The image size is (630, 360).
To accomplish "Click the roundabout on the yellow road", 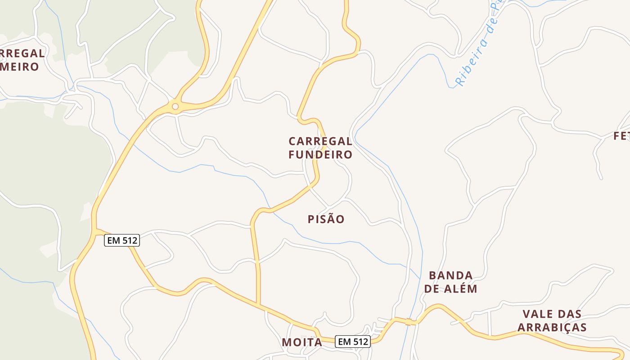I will coord(175,107).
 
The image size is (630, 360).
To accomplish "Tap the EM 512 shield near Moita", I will coord(353,342).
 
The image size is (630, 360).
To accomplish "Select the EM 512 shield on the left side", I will coord(122,240).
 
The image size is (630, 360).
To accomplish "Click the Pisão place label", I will coord(326,220).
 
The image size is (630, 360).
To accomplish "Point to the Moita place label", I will coord(302,342).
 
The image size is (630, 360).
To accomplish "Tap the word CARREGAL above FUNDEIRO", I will coord(320,141).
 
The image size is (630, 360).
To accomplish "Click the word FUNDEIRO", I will coord(320,155).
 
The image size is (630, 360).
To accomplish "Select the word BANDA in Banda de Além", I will coord(450,275).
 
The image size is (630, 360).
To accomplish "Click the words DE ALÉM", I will coord(450,289).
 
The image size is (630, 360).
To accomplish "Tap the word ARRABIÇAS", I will coord(552,327).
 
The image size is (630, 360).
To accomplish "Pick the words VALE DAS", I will coord(552,314).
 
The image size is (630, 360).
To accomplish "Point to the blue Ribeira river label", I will coord(477,49).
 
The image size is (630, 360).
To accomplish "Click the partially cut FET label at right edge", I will coord(622,136).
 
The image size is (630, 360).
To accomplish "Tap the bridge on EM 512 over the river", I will coord(410,321).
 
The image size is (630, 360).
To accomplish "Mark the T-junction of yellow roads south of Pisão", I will coord(258,305).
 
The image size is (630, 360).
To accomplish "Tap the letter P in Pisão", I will coord(311,220).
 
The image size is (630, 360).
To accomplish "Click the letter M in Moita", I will coord(287,342).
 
